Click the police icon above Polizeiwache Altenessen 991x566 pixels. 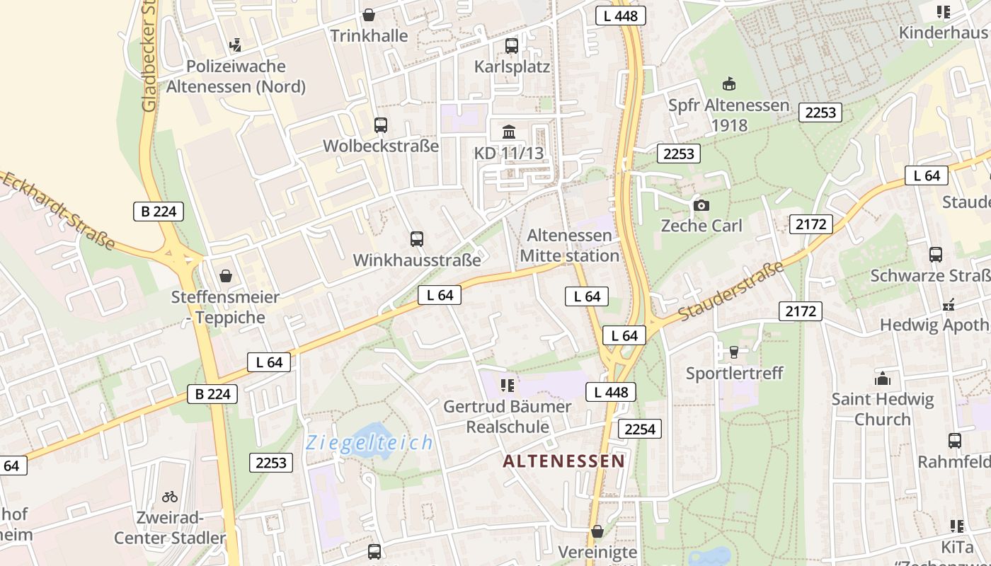236,46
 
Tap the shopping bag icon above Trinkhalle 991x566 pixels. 369,15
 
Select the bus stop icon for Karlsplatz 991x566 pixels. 512,46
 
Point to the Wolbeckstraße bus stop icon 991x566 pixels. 381,125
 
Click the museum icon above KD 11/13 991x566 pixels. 509,132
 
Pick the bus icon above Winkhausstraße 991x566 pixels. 417,239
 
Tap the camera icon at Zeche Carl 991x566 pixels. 701,205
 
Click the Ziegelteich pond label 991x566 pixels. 370,443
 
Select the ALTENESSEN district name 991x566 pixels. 564,461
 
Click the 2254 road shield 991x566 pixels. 640,428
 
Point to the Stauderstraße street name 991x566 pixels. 732,291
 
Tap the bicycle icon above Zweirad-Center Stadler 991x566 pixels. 170,497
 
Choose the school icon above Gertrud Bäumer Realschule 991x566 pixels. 508,386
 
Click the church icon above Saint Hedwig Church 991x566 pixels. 883,379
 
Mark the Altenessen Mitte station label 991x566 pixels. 570,246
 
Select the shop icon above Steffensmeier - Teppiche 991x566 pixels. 225,275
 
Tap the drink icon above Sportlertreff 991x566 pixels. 734,352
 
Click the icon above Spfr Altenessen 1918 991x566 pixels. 729,84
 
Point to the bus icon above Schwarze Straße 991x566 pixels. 936,255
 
